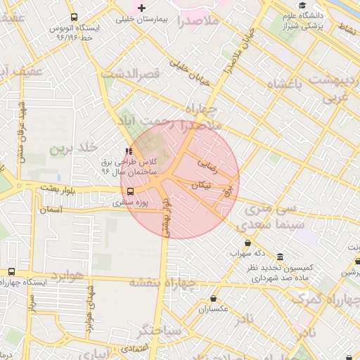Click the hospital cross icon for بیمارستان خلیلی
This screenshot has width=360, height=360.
141,8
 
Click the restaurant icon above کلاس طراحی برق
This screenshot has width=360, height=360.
127,150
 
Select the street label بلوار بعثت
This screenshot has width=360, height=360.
57,188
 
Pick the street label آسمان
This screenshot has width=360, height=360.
51,210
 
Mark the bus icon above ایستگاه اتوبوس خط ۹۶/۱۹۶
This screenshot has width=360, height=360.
75,17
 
